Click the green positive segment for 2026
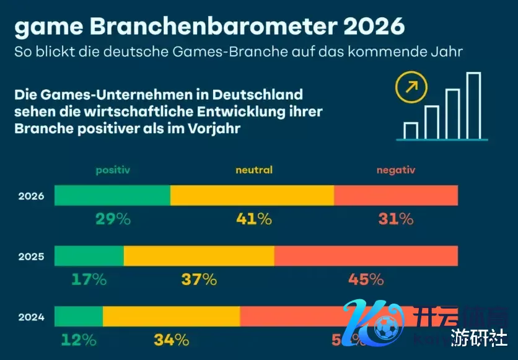112,195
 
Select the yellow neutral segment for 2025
199,256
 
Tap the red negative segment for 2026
396,195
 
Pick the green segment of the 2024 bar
79,316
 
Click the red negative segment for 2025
366,256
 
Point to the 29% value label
113,219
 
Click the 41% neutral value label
254,219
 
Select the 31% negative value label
395,219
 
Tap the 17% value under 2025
89,279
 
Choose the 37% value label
199,279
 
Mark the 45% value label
366,279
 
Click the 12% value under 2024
79,340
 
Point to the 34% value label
171,340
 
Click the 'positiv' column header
113,170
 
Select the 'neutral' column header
254,170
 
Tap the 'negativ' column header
395,170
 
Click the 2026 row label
31,196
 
